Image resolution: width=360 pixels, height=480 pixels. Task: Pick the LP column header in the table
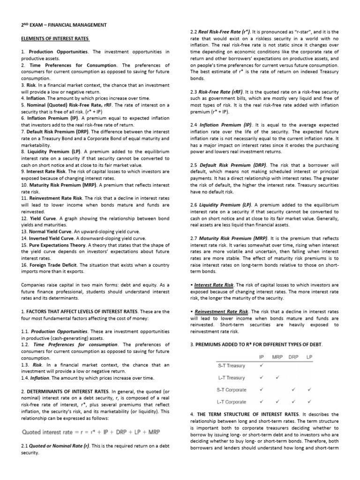[x=309, y=357]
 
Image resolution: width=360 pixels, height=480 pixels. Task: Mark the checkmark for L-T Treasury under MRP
[x=277, y=377]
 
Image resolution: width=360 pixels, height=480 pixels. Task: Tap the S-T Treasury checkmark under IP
[x=262, y=365]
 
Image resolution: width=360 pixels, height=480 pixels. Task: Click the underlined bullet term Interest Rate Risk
[x=214, y=285]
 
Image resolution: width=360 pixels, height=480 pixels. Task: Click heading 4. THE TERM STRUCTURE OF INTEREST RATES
[x=262, y=414]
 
